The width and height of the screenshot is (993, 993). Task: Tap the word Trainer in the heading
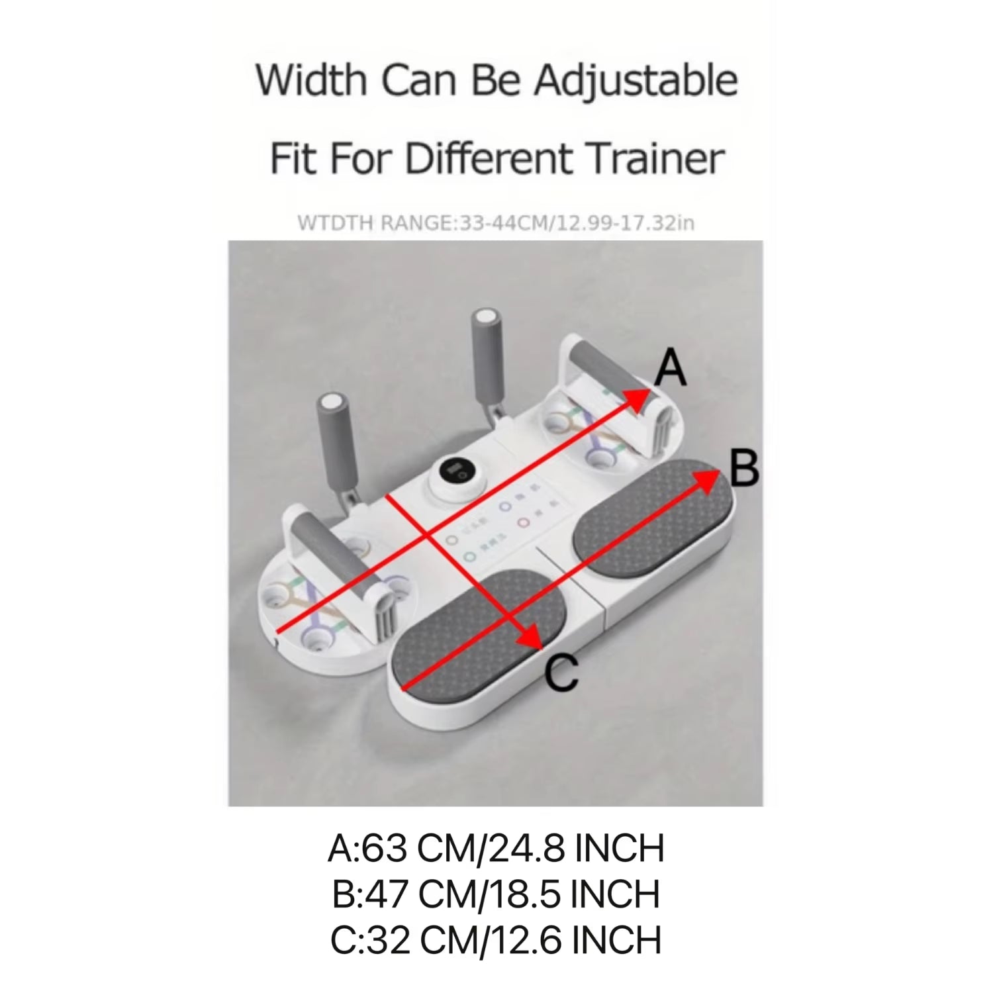tap(655, 159)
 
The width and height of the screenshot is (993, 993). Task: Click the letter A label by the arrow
tap(670, 369)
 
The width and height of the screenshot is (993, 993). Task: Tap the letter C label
tap(562, 675)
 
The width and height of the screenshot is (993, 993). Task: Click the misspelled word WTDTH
tap(336, 223)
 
